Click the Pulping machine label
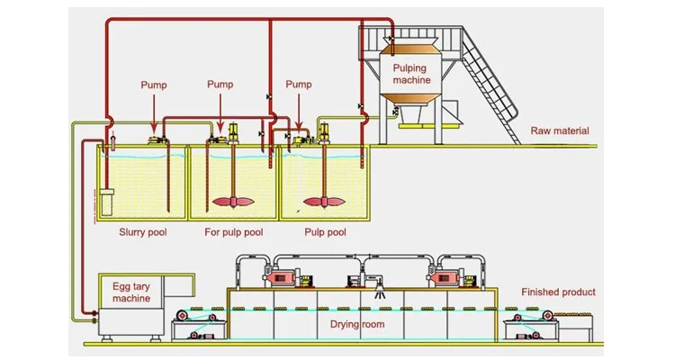pos(411,74)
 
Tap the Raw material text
pos(559,130)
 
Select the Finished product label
pos(558,292)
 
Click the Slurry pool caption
pos(143,232)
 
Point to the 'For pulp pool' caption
pos(234,232)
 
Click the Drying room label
pos(357,324)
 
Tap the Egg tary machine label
pos(131,292)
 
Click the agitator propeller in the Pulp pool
pos(324,202)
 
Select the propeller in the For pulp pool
pos(233,202)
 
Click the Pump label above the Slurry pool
pos(154,85)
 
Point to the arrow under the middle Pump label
pos(220,113)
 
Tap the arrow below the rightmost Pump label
pos(299,113)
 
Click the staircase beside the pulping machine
pos(490,84)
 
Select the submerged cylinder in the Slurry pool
pos(106,202)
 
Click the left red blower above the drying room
pos(283,276)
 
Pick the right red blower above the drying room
pos(445,276)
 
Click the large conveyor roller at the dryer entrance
pos(183,316)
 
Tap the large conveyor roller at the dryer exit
pos(547,316)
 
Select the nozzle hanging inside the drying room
pos(379,292)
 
